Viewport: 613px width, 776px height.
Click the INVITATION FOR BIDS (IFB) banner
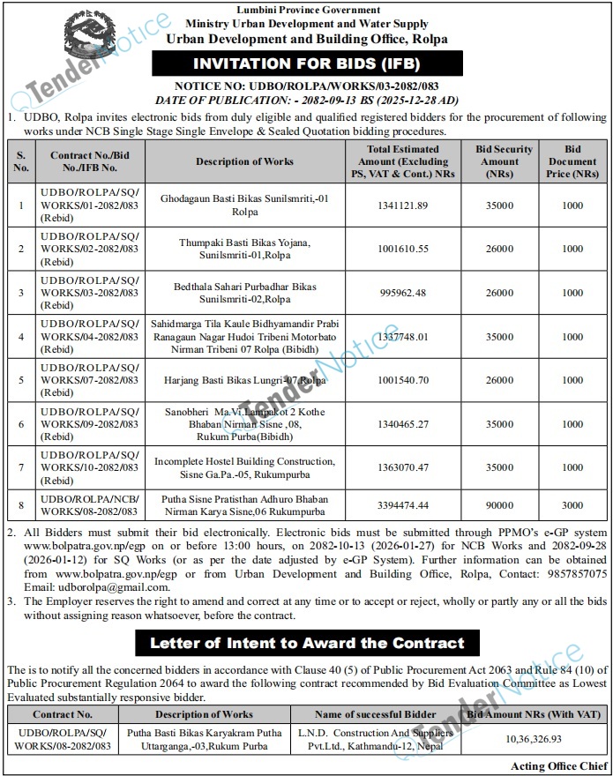coord(306,64)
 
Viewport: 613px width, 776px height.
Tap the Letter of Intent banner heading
coord(306,643)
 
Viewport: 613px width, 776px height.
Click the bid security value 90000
coord(499,505)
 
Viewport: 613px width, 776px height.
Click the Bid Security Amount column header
coord(499,161)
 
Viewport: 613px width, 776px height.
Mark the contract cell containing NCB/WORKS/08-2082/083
coord(87,505)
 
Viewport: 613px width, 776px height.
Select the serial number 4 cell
coord(20,336)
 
